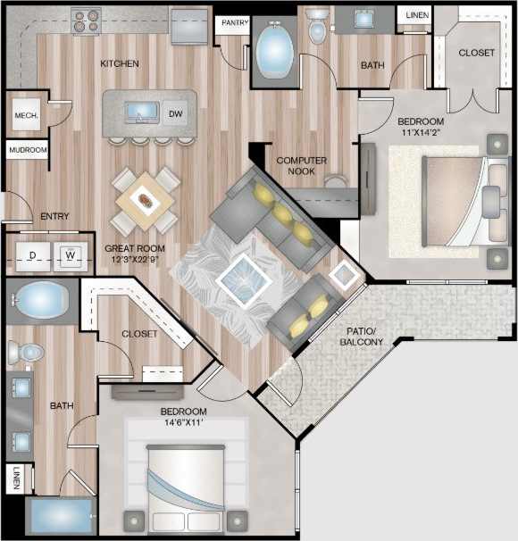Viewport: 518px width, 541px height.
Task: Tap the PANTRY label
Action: [235, 22]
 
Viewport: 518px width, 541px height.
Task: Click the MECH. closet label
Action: [24, 114]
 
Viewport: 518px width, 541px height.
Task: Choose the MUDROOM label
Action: [28, 151]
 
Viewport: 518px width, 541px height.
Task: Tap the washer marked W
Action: [70, 256]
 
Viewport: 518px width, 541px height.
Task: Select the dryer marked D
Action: [32, 256]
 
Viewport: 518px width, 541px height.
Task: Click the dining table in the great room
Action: [145, 199]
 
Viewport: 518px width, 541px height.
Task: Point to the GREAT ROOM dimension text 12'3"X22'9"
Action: [134, 260]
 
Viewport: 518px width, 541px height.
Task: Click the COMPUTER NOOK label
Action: [301, 165]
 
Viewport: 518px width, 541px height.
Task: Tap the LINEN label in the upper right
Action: [417, 15]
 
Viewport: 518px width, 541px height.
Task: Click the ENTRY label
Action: [55, 216]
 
